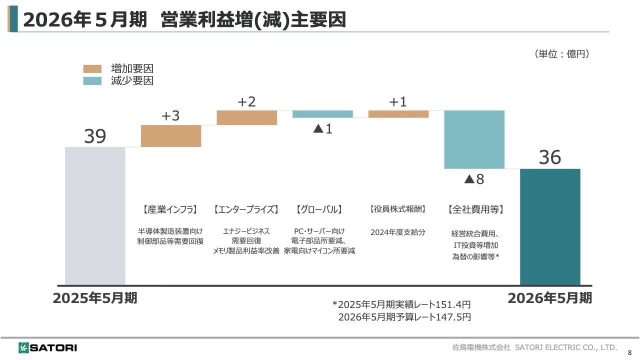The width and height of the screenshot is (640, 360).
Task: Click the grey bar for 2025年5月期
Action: (95, 216)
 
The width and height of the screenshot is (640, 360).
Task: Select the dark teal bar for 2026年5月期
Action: (550, 227)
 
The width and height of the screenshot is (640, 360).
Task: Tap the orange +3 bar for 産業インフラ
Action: (171, 136)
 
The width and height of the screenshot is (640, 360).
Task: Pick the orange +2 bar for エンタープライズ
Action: (246, 117)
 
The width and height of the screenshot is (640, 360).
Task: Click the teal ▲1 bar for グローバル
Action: (322, 114)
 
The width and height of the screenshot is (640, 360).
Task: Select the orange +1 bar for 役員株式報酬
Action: (398, 114)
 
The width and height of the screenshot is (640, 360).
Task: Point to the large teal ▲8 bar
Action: (474, 139)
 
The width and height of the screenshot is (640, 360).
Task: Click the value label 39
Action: (95, 136)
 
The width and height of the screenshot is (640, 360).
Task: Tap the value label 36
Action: (550, 158)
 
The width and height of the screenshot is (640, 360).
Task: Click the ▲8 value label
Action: (474, 179)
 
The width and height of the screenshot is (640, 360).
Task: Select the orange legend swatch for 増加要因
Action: (92, 69)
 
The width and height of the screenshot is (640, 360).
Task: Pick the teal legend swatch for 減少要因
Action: (92, 81)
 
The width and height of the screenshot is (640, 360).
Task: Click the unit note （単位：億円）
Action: (561, 54)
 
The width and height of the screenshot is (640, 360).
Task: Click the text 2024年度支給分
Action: (398, 232)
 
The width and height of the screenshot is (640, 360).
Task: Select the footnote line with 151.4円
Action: (401, 304)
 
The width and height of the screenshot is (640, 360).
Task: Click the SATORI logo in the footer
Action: (48, 347)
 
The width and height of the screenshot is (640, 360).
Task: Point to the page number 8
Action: (629, 352)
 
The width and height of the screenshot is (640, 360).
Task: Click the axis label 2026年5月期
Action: (549, 298)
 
